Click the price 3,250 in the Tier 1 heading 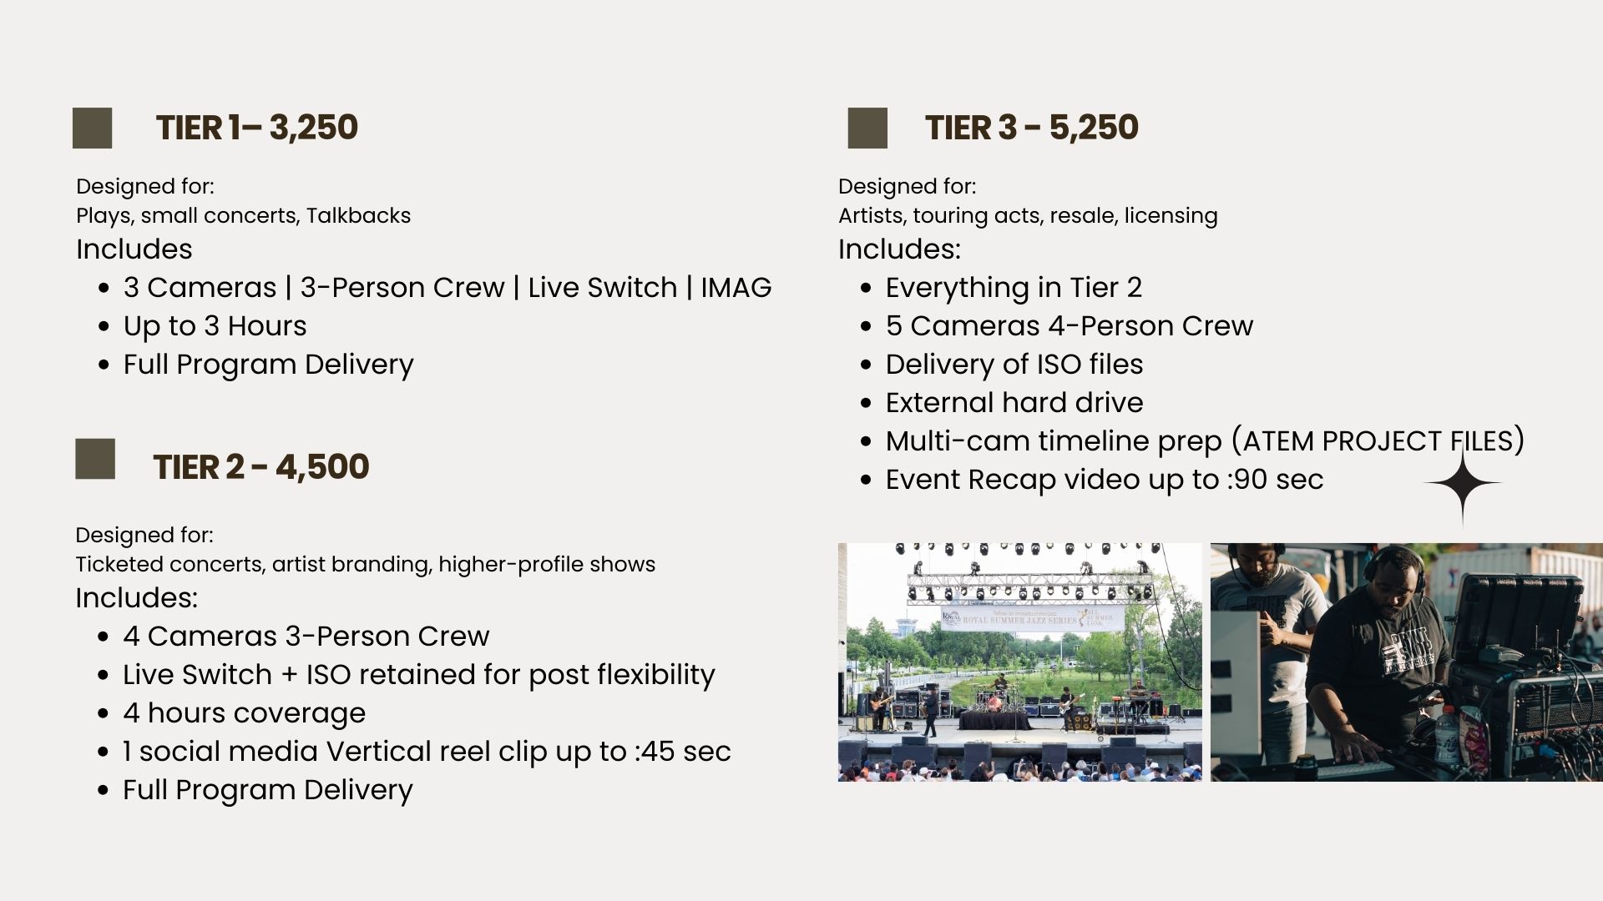click(314, 128)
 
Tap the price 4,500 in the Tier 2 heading click(322, 467)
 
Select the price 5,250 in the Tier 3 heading click(1094, 128)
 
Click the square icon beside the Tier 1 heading click(92, 128)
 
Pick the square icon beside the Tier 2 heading click(95, 459)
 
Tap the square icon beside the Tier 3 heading click(867, 128)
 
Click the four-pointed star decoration click(1463, 483)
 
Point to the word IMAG click(736, 287)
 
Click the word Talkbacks click(358, 215)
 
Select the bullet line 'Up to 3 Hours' click(215, 325)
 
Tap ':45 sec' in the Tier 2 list click(682, 751)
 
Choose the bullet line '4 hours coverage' click(244, 712)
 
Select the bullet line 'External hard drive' click(1014, 402)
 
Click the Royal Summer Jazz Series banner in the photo click(1033, 619)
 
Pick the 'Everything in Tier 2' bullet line click(1014, 287)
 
